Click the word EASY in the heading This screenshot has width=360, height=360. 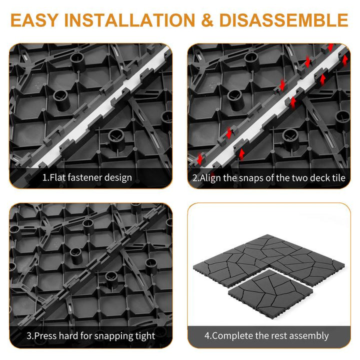click(34, 20)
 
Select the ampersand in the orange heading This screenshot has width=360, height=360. click(207, 20)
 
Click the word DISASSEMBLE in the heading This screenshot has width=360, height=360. click(284, 20)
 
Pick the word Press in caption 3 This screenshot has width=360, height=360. click(45, 335)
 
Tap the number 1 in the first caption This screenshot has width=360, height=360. click(44, 177)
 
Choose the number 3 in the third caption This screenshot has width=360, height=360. click(29, 335)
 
